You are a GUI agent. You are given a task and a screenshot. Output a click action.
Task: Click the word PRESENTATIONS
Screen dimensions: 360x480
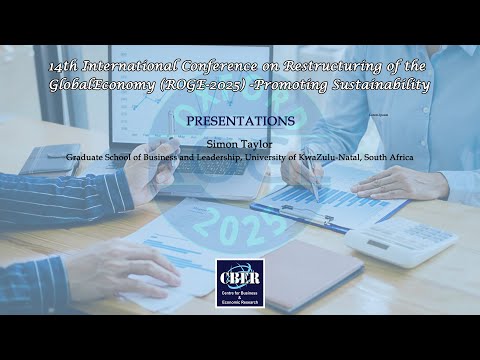click(x=239, y=120)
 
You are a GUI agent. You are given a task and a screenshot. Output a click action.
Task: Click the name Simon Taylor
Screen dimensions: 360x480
click(x=239, y=144)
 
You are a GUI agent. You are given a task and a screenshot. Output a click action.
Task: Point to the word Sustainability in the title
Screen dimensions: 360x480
click(x=381, y=85)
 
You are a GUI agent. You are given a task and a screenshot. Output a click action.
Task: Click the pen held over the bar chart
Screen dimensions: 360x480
click(x=311, y=180)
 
